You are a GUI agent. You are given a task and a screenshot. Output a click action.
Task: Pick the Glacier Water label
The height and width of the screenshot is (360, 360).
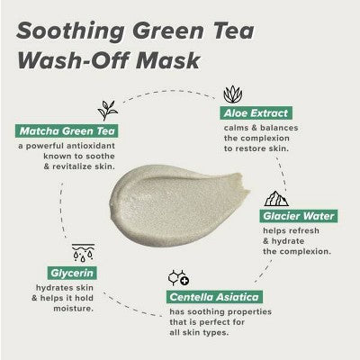click(x=300, y=216)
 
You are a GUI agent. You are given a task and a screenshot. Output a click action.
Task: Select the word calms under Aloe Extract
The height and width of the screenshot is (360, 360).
click(x=238, y=129)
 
